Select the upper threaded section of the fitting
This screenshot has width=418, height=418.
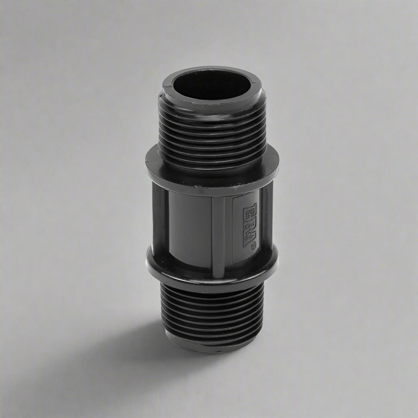(x=212, y=131)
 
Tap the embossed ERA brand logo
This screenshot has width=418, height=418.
(x=250, y=225)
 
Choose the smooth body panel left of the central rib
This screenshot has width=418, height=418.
(x=190, y=229)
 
